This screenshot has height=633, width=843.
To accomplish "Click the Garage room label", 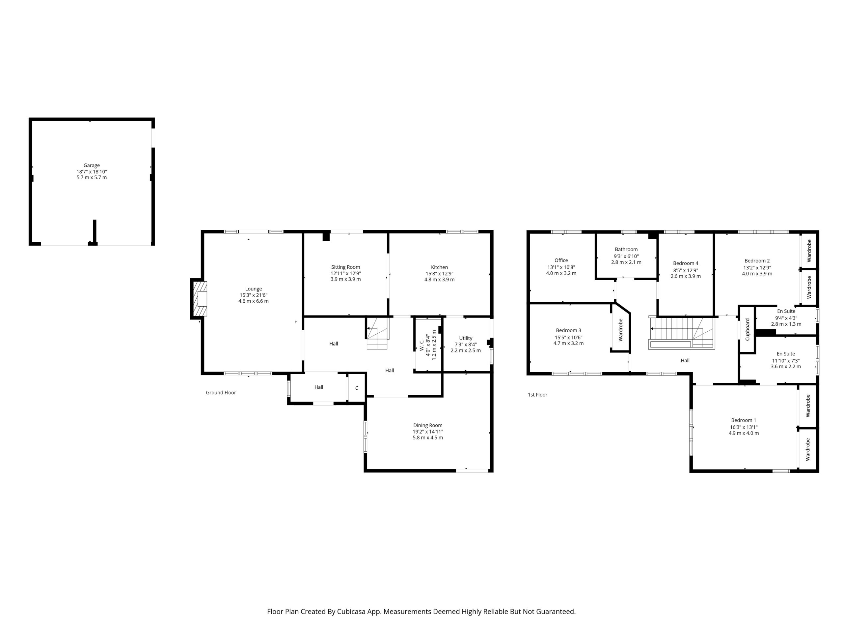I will (x=92, y=165).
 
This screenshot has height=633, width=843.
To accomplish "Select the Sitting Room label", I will (x=345, y=267).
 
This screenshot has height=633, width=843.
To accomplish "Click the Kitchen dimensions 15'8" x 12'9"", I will (x=439, y=274).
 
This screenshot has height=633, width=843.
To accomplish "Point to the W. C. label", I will (x=421, y=345).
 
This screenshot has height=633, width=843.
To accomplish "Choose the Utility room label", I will (x=465, y=338).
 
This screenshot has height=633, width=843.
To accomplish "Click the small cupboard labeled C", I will (x=357, y=388).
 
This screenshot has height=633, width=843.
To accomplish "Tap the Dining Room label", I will (x=428, y=425).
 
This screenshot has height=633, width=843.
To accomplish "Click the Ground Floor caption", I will (x=221, y=393).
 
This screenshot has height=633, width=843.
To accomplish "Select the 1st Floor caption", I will (x=537, y=395).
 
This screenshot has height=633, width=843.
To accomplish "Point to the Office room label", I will (x=561, y=260).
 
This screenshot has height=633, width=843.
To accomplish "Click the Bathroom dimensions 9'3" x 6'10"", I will (x=626, y=256).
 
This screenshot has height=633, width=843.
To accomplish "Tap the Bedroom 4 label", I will (x=686, y=263).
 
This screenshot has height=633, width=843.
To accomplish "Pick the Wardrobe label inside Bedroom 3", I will (x=620, y=330).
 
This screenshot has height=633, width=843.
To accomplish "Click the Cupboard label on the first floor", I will (x=748, y=329).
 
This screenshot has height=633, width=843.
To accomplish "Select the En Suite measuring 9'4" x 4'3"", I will (x=786, y=317).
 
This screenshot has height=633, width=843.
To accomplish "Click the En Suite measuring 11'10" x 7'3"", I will (x=785, y=360).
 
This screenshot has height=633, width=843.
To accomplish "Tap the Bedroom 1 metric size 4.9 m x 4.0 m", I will (x=744, y=434).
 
